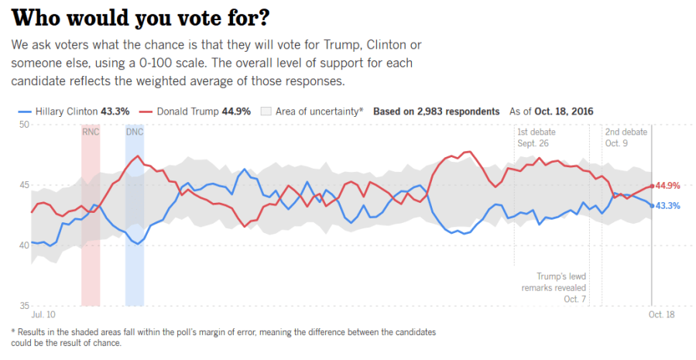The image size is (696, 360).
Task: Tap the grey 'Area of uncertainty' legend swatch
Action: click(268, 111)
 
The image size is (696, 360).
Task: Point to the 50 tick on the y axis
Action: click(24, 125)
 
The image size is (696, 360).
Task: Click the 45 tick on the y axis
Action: click(24, 185)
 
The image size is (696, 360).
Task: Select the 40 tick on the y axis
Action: click(24, 245)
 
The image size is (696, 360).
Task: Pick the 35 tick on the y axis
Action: click(24, 306)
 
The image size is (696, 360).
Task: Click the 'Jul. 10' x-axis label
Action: click(43, 316)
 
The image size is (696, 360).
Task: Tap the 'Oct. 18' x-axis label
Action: click(663, 316)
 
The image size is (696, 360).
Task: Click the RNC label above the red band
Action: click(91, 132)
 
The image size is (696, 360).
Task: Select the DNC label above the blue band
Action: click(135, 132)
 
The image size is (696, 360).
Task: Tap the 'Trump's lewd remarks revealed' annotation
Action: click(561, 287)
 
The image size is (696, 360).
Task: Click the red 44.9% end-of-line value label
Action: click(668, 186)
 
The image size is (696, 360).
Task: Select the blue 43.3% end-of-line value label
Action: click(668, 206)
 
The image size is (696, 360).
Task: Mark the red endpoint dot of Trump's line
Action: click(652, 186)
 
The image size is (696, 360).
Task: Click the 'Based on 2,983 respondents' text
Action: click(436, 111)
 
